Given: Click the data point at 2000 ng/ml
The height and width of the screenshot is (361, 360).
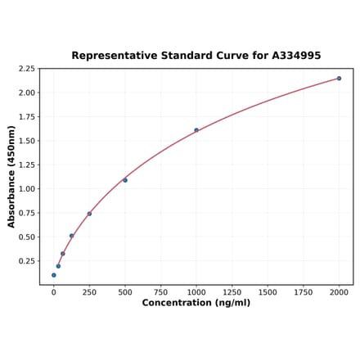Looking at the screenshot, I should [x=339, y=79].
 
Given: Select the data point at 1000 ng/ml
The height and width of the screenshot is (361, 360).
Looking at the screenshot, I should [x=196, y=129].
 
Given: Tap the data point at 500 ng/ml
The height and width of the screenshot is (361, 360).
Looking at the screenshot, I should [x=125, y=180].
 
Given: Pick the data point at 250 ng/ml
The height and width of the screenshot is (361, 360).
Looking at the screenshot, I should [x=89, y=214].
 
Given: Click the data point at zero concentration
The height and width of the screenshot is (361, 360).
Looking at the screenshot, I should [x=54, y=275].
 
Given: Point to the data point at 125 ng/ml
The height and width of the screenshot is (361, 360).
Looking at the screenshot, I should [x=71, y=236].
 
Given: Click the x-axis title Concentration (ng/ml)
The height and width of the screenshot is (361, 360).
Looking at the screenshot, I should [x=196, y=303].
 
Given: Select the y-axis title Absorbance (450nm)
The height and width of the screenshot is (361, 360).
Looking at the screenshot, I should [x=11, y=177].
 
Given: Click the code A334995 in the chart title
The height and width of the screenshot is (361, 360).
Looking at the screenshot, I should [x=292, y=56].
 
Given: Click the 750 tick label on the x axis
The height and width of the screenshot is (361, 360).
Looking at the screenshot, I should [x=160, y=291].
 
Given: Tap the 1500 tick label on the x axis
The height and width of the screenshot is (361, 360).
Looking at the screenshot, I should [x=268, y=291].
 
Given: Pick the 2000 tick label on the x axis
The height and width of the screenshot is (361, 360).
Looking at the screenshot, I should [x=339, y=291].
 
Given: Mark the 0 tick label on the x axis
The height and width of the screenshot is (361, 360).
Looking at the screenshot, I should [x=54, y=291].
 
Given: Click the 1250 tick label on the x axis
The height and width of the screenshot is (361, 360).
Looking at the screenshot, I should [x=232, y=291].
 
